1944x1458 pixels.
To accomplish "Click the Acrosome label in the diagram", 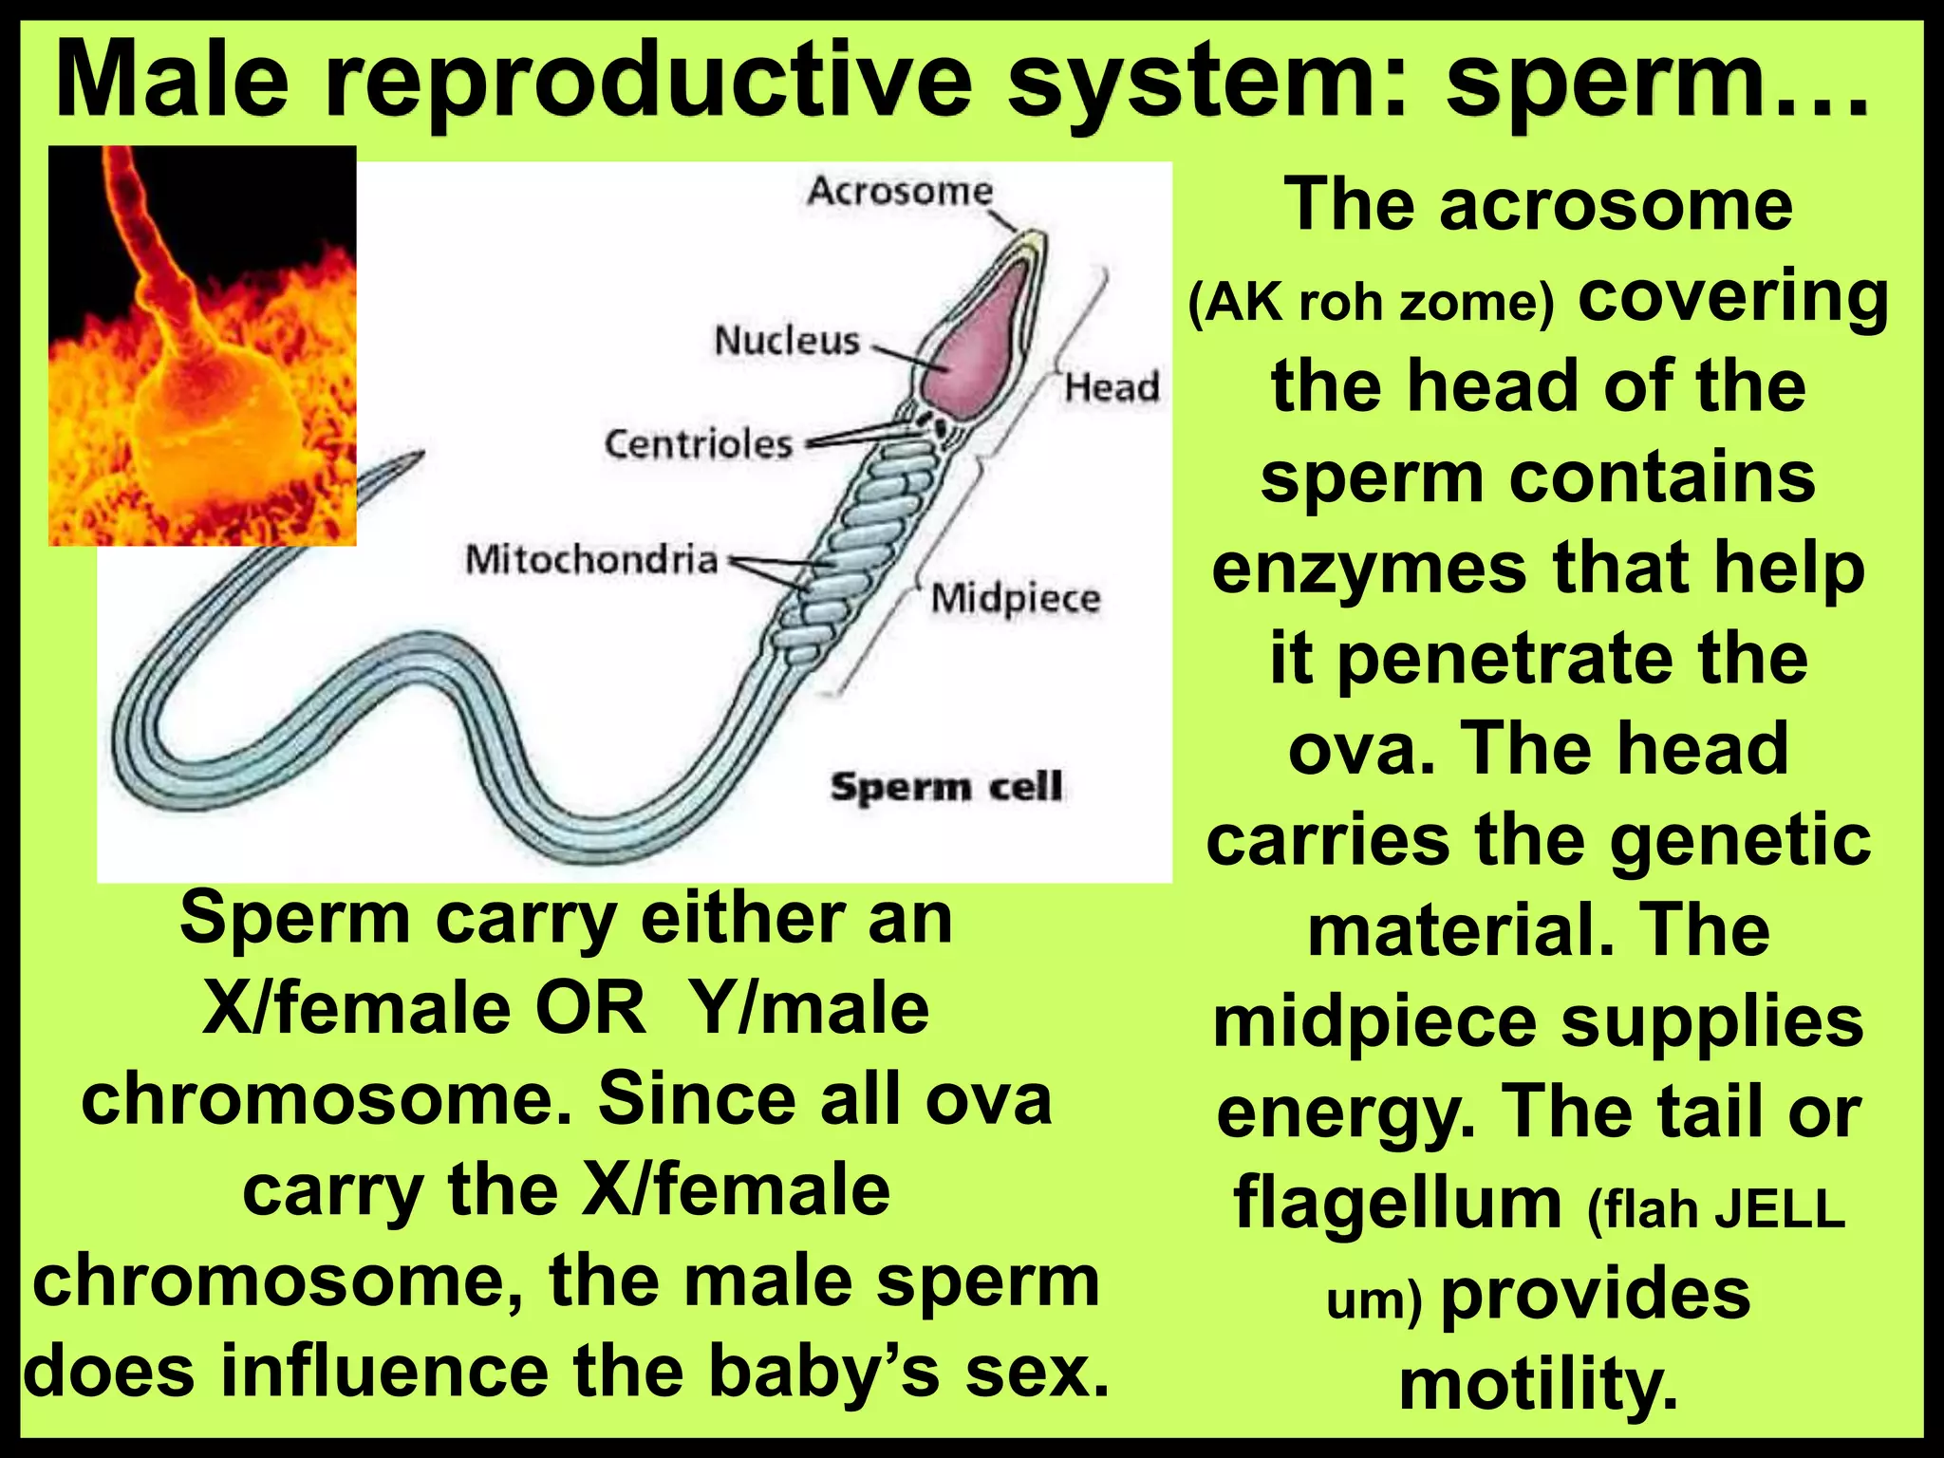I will point(899,191).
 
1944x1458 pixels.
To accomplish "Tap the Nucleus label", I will point(786,340).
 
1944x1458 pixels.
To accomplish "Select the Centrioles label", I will point(698,443).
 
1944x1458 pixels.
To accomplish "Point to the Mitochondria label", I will point(590,559).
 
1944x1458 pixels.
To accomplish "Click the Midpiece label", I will point(1015,598).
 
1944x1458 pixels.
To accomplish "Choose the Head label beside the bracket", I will point(1111,387).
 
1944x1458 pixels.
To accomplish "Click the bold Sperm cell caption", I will point(945,787).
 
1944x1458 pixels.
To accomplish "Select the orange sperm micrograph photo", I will point(202,346).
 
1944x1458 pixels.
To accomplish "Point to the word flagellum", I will point(1397,1203).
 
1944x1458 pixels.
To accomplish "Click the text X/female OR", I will point(423,1008).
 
